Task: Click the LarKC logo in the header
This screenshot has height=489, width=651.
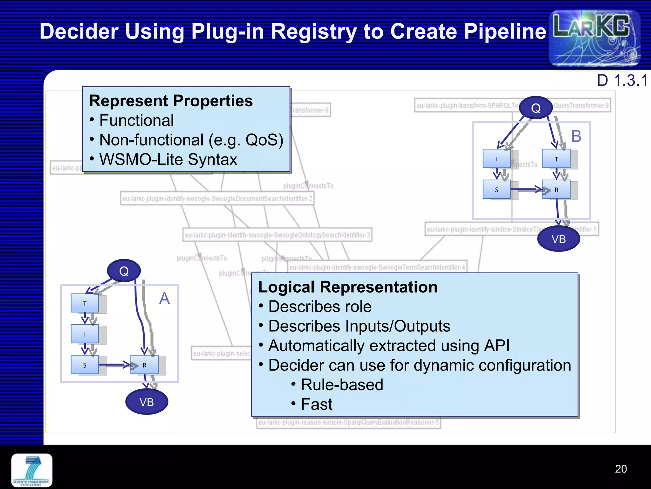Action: coord(594,38)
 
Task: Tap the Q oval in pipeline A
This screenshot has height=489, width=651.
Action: coord(124,271)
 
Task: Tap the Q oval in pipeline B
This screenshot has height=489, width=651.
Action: coord(536,108)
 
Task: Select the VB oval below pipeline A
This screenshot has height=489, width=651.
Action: coord(147,402)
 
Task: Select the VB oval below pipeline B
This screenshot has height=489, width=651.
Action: coord(558,239)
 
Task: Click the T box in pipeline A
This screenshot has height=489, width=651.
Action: coord(85,303)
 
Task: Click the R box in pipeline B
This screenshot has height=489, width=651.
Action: coord(556,190)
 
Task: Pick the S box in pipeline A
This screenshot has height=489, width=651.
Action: coord(85,365)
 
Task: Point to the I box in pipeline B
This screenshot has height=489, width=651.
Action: coord(497,159)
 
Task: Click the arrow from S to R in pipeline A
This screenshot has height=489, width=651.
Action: coord(114,365)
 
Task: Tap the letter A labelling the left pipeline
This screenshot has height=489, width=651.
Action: coord(164,299)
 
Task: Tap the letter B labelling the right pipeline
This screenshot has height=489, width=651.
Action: coord(576,136)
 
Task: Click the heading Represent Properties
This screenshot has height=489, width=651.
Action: coord(171,101)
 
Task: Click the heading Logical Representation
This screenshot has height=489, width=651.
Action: coord(348,287)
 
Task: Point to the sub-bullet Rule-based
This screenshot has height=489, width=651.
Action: coord(342,385)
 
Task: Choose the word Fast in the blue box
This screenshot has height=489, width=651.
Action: coord(316,404)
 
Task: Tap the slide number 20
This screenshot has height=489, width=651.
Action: coord(620,469)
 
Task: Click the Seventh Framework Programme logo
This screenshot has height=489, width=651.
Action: coord(32,470)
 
